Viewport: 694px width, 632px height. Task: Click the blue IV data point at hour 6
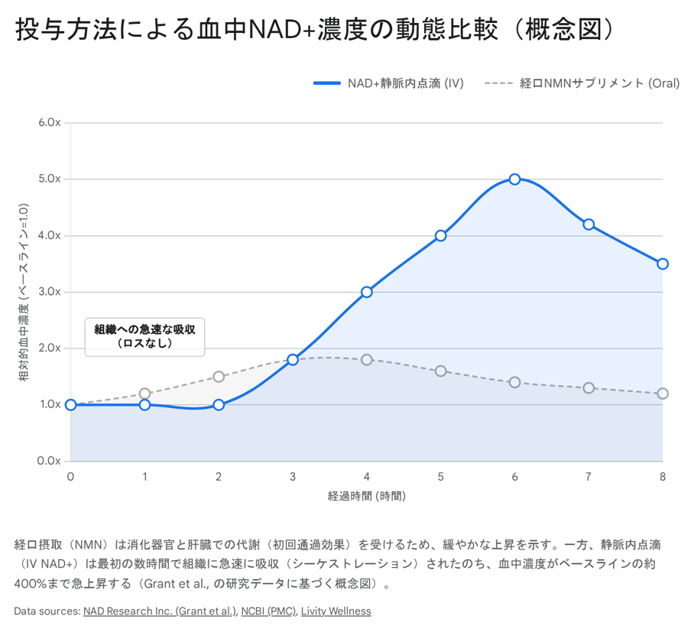point(514,179)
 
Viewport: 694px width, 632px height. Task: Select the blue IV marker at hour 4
point(367,292)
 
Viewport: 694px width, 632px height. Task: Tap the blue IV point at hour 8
point(663,264)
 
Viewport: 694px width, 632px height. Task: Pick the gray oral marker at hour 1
point(145,394)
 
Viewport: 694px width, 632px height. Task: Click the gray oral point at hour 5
point(441,371)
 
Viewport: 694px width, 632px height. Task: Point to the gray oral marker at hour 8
point(663,394)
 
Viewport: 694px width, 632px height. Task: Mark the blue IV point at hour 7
point(589,224)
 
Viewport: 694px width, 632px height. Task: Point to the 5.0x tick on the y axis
point(50,179)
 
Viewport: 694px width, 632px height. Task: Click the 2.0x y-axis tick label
point(50,348)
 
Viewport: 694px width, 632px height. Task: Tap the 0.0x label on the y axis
point(50,461)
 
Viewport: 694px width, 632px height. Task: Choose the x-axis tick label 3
point(293,477)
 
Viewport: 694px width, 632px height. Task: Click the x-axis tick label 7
point(589,477)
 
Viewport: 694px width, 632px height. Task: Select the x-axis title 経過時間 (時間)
point(367,496)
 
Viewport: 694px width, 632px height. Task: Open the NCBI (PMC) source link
point(268,611)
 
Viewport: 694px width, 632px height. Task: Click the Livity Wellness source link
point(336,611)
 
